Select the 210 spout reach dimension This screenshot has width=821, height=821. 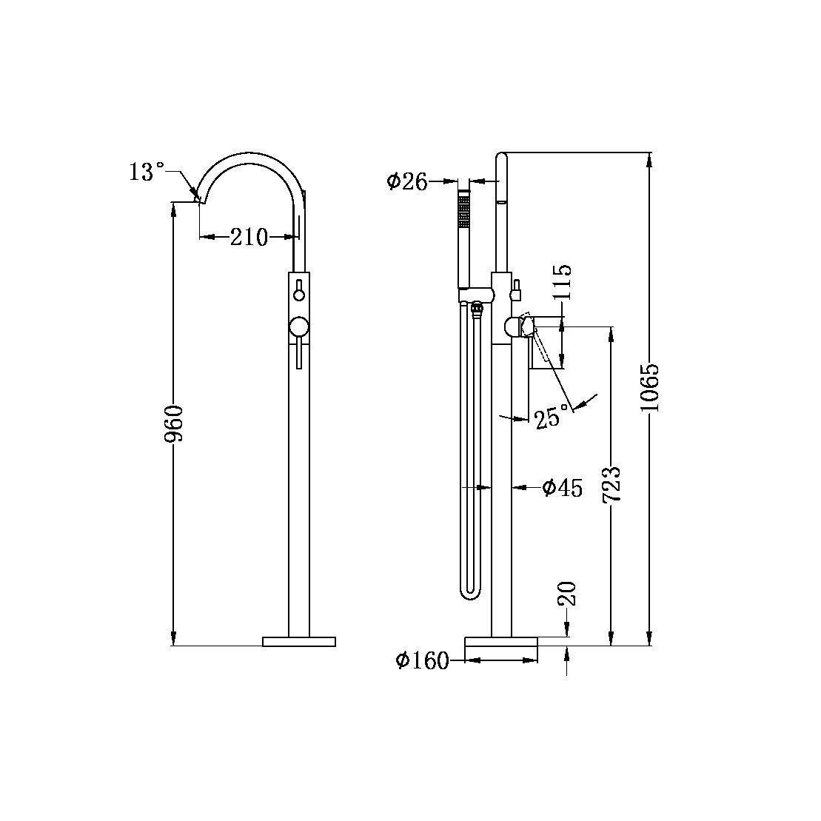[x=248, y=238]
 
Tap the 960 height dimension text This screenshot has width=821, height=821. [x=175, y=423]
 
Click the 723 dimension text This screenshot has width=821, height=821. [x=611, y=485]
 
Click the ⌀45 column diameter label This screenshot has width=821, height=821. [x=562, y=487]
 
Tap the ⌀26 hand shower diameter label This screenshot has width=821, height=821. [x=407, y=181]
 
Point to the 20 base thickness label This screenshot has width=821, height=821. [x=568, y=594]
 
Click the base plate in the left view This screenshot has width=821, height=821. [x=299, y=641]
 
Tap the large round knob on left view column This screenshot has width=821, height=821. [x=299, y=328]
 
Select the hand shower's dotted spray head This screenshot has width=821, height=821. [x=464, y=210]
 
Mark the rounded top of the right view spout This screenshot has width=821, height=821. [x=501, y=156]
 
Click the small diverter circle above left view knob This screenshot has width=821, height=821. [x=299, y=295]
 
